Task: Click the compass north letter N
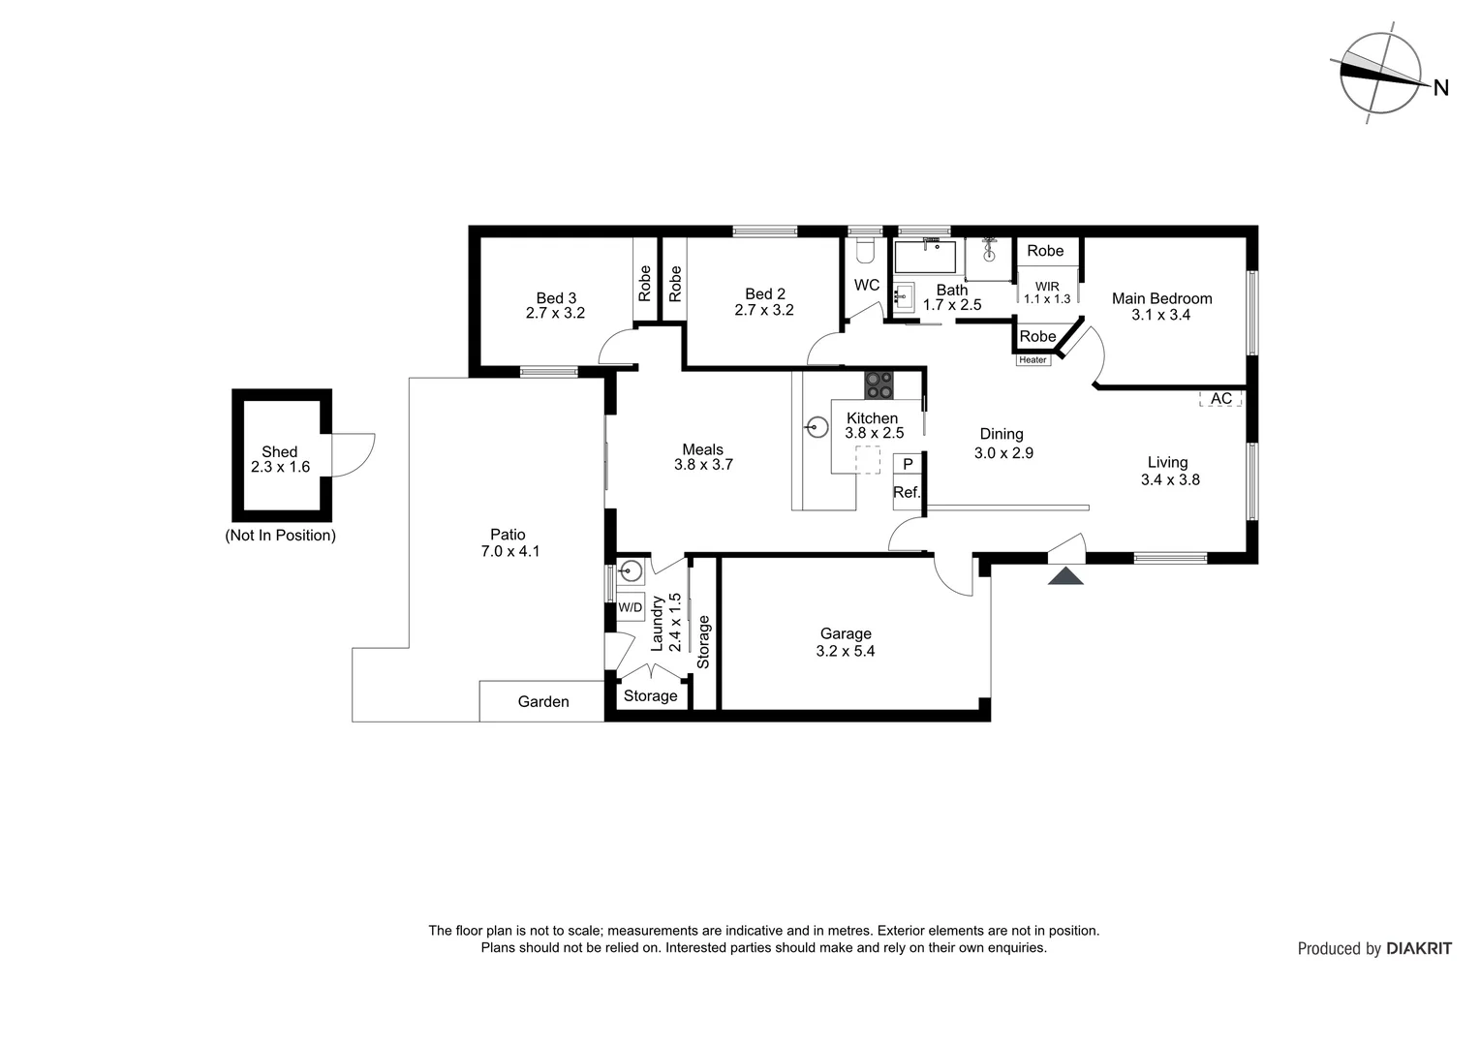(1440, 88)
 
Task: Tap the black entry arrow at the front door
(1066, 577)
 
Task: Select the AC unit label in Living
(1220, 398)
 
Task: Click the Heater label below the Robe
(1033, 360)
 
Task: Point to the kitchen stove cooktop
(879, 385)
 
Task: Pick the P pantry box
(908, 464)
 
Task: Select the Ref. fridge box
(907, 492)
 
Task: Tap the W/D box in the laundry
(630, 607)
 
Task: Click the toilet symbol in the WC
(866, 252)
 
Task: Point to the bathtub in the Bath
(924, 257)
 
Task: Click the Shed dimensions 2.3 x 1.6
(280, 467)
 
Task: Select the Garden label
(542, 701)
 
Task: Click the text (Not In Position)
(280, 536)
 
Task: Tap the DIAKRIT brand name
(1419, 949)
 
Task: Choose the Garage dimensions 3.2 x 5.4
(845, 652)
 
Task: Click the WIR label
(1047, 287)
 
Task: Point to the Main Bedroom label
(1161, 298)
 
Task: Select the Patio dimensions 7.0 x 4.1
(509, 552)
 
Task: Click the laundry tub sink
(631, 570)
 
